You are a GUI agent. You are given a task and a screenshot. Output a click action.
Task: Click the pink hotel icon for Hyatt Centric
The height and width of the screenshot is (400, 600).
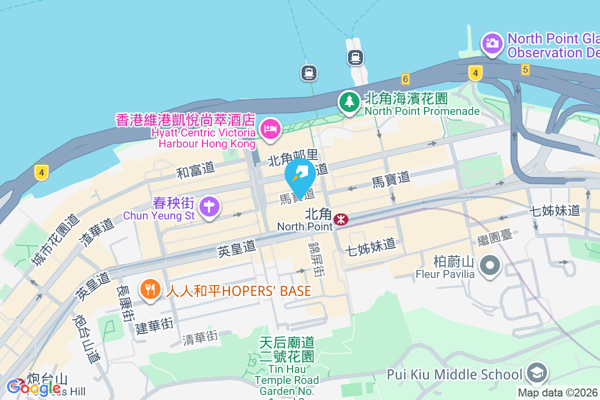coord(270,129)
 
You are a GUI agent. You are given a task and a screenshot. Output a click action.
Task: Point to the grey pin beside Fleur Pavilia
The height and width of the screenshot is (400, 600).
coord(490,265)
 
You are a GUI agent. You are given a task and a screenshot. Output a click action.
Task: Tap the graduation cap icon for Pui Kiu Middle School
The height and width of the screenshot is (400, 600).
coord(537,373)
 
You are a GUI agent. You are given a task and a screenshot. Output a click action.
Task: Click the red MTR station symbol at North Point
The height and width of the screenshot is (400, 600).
coord(341,219)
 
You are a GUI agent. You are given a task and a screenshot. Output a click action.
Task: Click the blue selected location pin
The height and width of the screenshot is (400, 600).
coord(300,176)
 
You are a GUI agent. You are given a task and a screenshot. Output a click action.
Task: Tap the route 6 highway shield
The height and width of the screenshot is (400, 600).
coord(405,78)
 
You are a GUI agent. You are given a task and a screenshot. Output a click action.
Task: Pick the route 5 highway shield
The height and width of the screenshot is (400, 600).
coord(524,69)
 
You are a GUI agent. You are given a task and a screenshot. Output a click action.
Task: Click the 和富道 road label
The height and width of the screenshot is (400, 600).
coord(195,169)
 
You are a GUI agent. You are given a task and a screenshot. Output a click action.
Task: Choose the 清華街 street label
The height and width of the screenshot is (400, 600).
coord(200,338)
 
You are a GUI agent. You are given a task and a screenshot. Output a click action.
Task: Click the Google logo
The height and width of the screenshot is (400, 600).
coord(34,387)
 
